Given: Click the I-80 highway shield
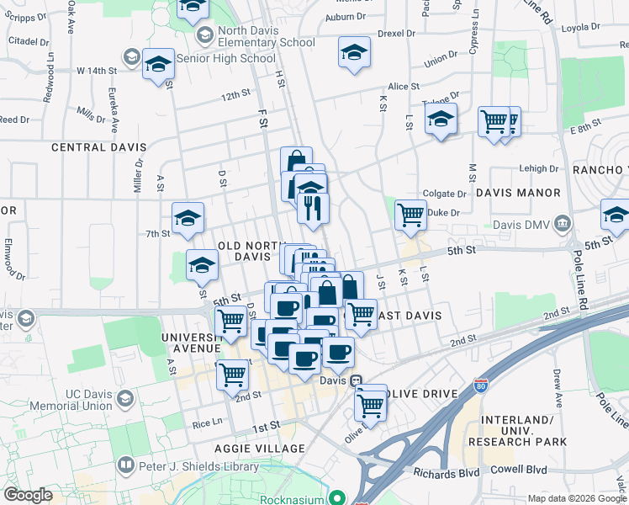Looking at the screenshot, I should coord(482,385).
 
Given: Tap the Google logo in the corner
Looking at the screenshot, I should coord(28,495).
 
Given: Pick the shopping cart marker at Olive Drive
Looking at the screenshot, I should coord(371,405).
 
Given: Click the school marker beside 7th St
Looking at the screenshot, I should coord(188,219).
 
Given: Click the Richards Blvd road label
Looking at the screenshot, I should coord(446,473).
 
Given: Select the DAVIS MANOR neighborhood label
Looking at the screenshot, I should coord(517,193).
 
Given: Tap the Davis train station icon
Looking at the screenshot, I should coord(356,380).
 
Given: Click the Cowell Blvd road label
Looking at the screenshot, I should coord(520,470).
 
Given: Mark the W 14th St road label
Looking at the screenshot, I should coord(95,70).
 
